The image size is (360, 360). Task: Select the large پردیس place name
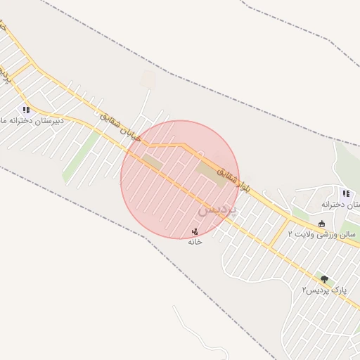point(217,209)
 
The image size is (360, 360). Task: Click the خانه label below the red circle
point(195,241)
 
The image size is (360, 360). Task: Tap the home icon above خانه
point(195,231)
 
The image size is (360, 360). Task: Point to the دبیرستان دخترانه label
point(35,120)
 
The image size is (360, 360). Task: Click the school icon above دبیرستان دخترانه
point(26,110)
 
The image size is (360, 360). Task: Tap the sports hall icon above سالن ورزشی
point(321,224)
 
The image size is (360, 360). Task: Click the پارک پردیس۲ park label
point(324,290)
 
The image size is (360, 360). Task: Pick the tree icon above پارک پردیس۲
point(324,279)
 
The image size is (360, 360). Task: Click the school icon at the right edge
point(345,193)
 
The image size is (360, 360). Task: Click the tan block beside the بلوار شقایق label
point(211,172)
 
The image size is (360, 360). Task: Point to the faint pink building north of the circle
point(147,78)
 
